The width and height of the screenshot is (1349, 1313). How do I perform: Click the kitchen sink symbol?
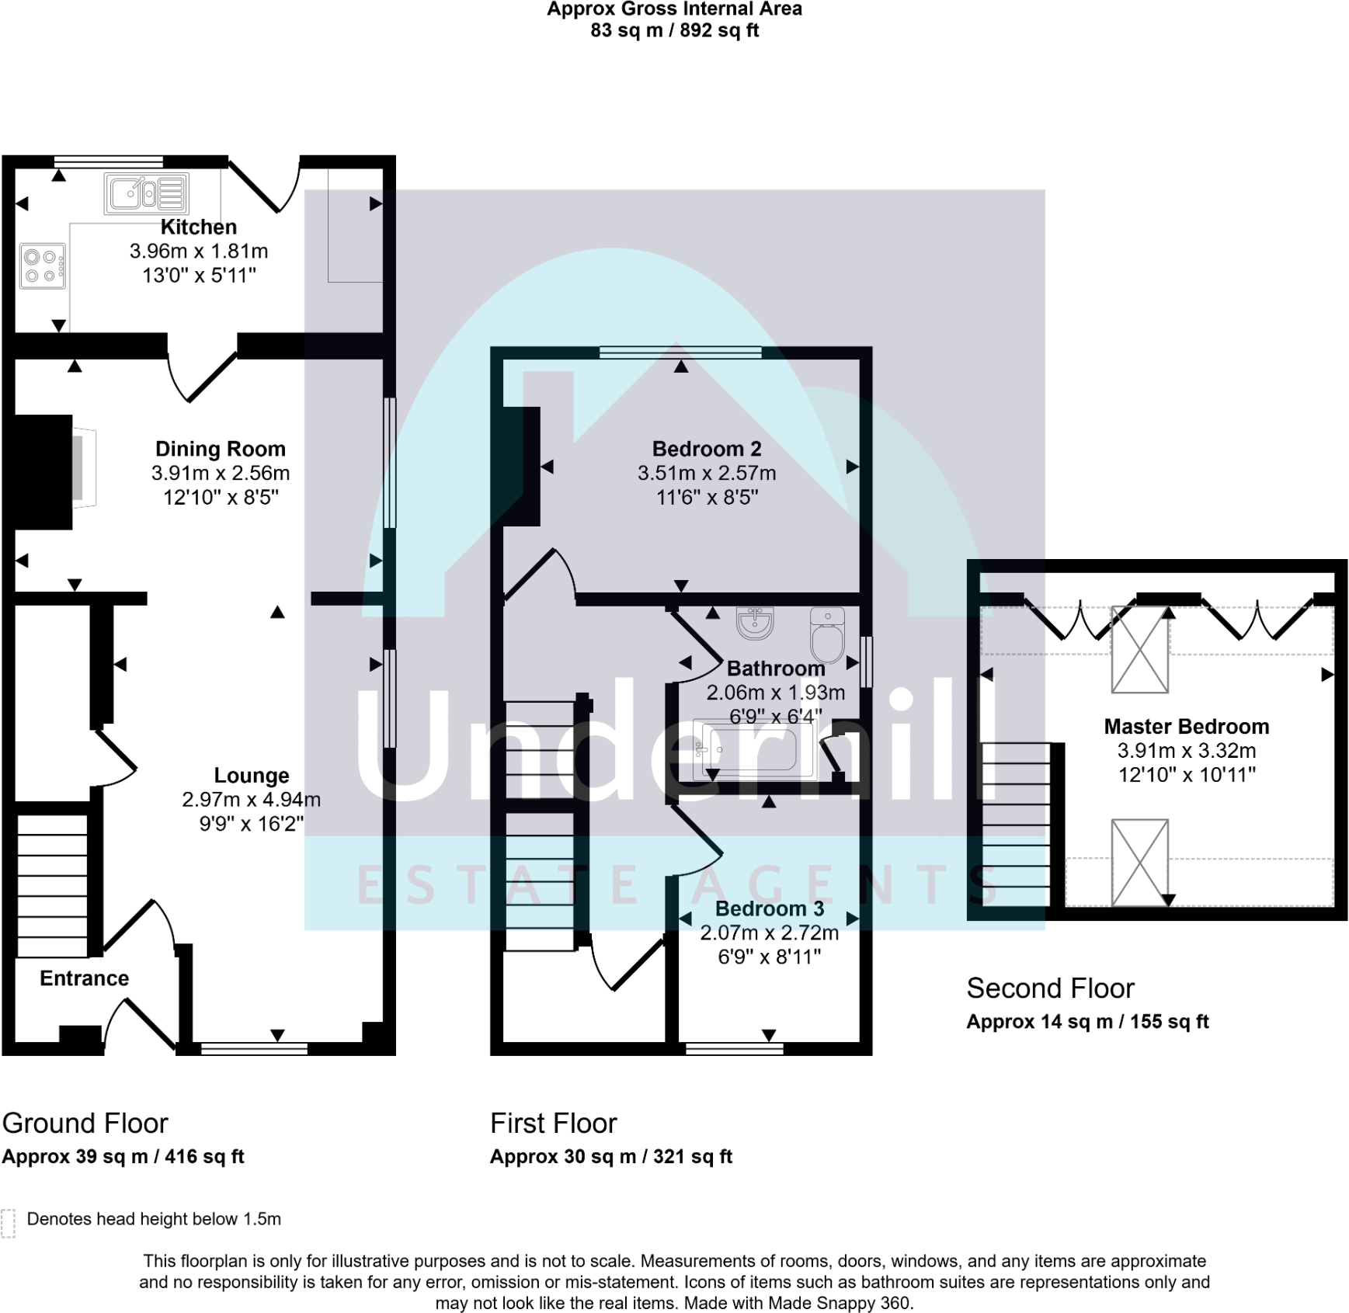click(x=146, y=193)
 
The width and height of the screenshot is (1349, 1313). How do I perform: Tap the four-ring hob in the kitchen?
click(x=43, y=266)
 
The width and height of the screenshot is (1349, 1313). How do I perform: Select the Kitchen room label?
click(x=198, y=227)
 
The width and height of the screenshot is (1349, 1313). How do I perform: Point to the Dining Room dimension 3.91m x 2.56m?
click(x=221, y=473)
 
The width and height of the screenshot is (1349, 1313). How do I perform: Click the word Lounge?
click(x=251, y=775)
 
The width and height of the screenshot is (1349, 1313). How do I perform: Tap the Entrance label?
click(x=84, y=978)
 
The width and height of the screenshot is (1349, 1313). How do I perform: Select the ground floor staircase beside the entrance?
click(x=52, y=885)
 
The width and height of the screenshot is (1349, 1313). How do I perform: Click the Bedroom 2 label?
click(x=706, y=449)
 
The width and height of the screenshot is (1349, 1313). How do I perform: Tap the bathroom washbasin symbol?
click(x=755, y=623)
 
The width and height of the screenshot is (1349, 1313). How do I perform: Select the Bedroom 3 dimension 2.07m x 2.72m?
click(x=769, y=933)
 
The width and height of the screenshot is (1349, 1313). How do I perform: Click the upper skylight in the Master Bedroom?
click(x=1139, y=649)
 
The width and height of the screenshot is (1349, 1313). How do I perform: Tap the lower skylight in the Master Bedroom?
click(x=1139, y=862)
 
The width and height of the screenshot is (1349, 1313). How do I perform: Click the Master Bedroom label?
click(x=1186, y=726)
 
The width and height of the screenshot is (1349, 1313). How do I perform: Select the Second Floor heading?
click(x=1050, y=988)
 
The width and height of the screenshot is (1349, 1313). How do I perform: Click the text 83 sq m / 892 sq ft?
click(x=674, y=30)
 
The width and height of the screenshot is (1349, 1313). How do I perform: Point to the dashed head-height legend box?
click(x=9, y=1222)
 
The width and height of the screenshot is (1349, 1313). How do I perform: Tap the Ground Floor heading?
click(x=85, y=1123)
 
